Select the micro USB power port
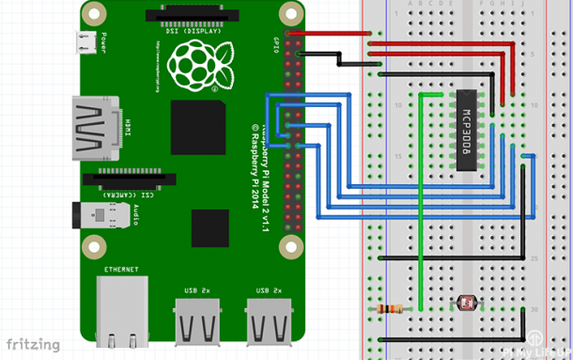pyautogui.click(x=85, y=41)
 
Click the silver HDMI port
pyautogui.click(x=94, y=129)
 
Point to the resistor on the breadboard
pyautogui.click(x=390, y=309)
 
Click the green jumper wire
pyautogui.click(x=422, y=188)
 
